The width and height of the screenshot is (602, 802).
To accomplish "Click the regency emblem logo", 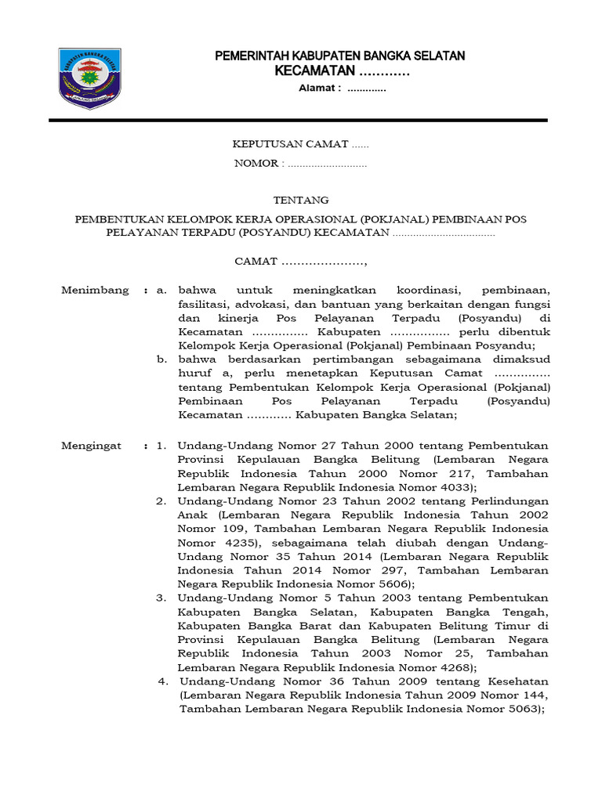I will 89,78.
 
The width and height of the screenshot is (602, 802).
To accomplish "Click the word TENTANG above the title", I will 300,200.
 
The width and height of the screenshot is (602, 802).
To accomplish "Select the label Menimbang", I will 95,290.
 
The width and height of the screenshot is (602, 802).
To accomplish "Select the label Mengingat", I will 92,446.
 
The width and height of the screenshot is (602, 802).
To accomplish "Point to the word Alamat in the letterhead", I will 320,88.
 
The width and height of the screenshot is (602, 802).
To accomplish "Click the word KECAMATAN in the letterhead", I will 315,72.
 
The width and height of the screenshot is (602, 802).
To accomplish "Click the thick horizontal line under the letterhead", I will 298,120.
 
